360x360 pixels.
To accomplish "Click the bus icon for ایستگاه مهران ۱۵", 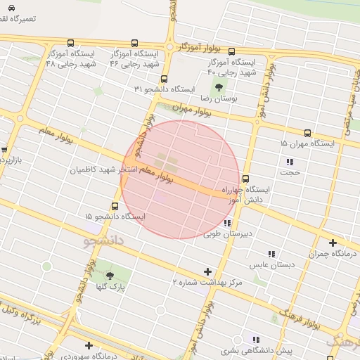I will coord(307,133).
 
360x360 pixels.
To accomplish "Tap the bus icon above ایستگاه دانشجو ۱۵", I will coord(115,206).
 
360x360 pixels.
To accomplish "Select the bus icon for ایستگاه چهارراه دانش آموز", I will coord(245,179).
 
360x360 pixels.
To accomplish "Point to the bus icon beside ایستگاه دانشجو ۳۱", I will coord(164,79).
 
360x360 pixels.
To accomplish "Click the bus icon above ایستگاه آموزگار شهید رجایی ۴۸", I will coord(70,43).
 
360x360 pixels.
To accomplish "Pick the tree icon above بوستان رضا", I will coord(219,88).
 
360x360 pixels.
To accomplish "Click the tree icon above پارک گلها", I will coord(109,276).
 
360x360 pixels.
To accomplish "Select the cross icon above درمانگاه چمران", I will coord(333,243).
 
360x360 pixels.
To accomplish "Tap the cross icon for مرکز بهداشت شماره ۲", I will coord(207,271).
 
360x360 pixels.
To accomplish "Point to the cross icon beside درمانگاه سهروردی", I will coord(89,345).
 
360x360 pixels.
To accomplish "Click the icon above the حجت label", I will coord(290,162).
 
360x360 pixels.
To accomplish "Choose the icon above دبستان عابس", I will coord(271,255).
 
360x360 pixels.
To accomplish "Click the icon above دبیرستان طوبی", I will coord(226,223).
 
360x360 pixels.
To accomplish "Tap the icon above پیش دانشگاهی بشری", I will coord(256,340).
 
